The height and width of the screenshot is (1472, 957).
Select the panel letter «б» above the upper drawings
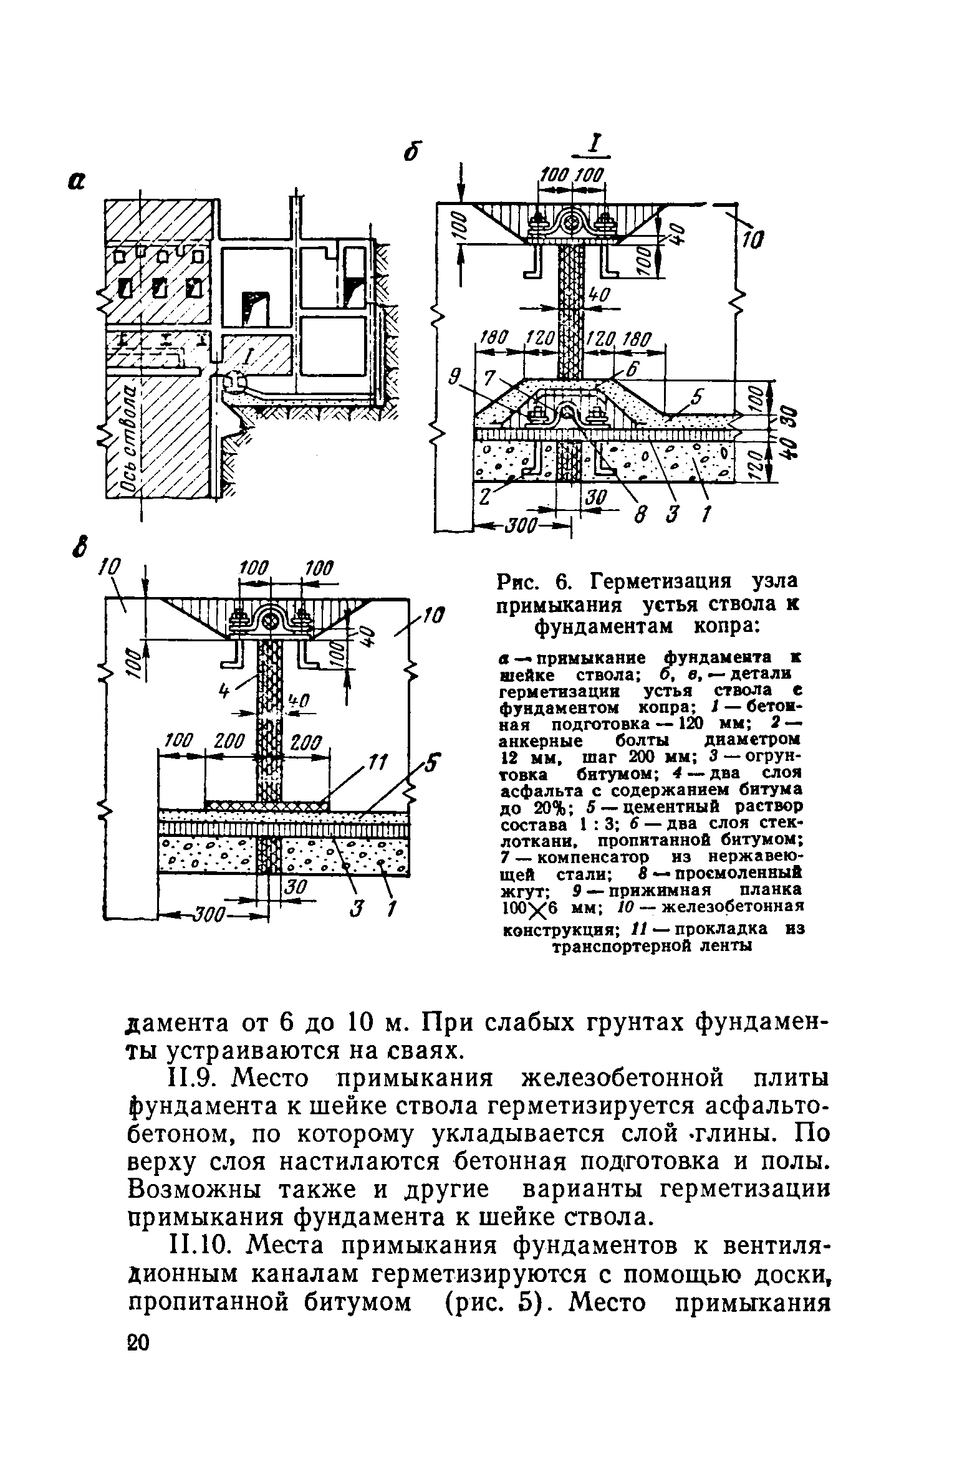tap(410, 151)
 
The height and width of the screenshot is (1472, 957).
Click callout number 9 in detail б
tap(455, 376)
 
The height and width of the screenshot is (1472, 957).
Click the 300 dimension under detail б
tap(521, 529)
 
